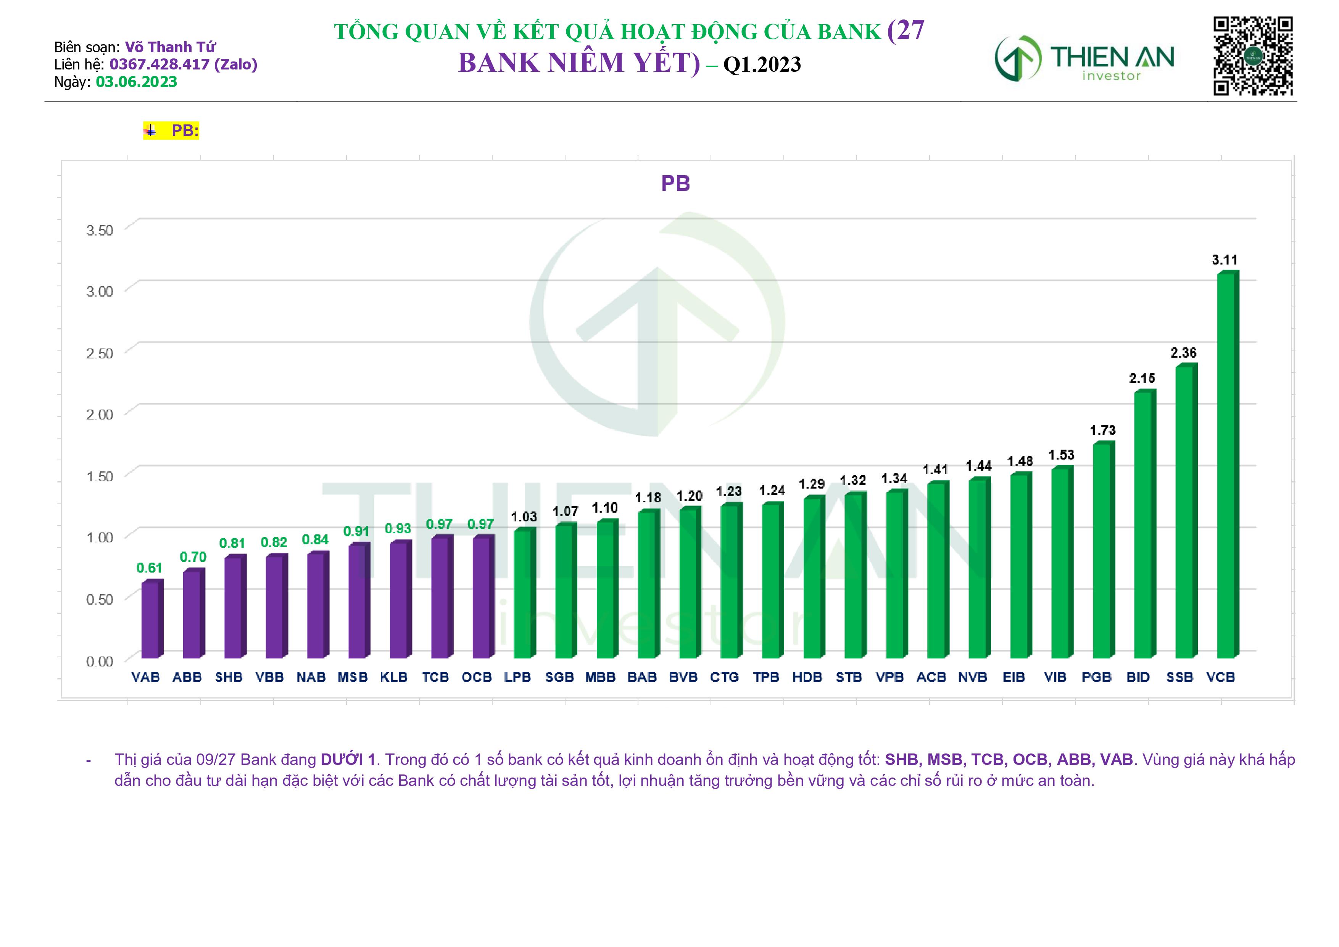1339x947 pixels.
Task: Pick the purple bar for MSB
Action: click(358, 601)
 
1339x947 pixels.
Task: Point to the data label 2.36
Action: click(1183, 353)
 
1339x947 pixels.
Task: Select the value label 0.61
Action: click(149, 568)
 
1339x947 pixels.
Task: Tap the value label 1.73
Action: click(1102, 431)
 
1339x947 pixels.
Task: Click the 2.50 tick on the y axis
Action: click(100, 353)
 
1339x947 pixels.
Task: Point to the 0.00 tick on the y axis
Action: click(100, 661)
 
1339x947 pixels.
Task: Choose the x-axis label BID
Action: click(1137, 678)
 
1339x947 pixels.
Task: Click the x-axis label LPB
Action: click(517, 678)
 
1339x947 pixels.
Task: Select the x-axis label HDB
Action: click(807, 678)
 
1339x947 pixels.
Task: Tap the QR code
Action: click(1253, 56)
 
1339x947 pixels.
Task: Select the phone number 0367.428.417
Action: click(159, 64)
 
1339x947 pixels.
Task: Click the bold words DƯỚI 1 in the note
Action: click(348, 760)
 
